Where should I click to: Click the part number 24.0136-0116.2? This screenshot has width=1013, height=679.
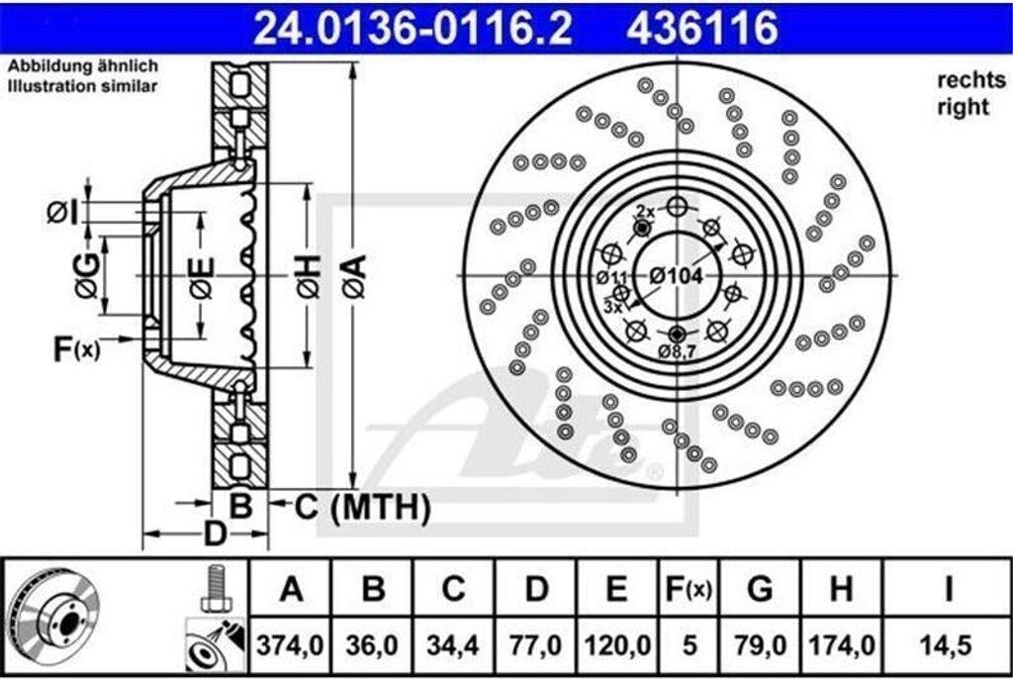(x=413, y=28)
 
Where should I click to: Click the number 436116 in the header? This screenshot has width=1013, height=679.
(x=702, y=28)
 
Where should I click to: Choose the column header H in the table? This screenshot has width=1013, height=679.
(x=841, y=590)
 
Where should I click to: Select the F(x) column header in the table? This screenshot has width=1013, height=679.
(x=690, y=590)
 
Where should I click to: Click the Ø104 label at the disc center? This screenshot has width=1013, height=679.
(x=676, y=277)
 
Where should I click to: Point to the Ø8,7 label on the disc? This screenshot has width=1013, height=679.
(x=679, y=351)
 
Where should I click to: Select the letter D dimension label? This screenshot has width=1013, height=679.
(x=214, y=533)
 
